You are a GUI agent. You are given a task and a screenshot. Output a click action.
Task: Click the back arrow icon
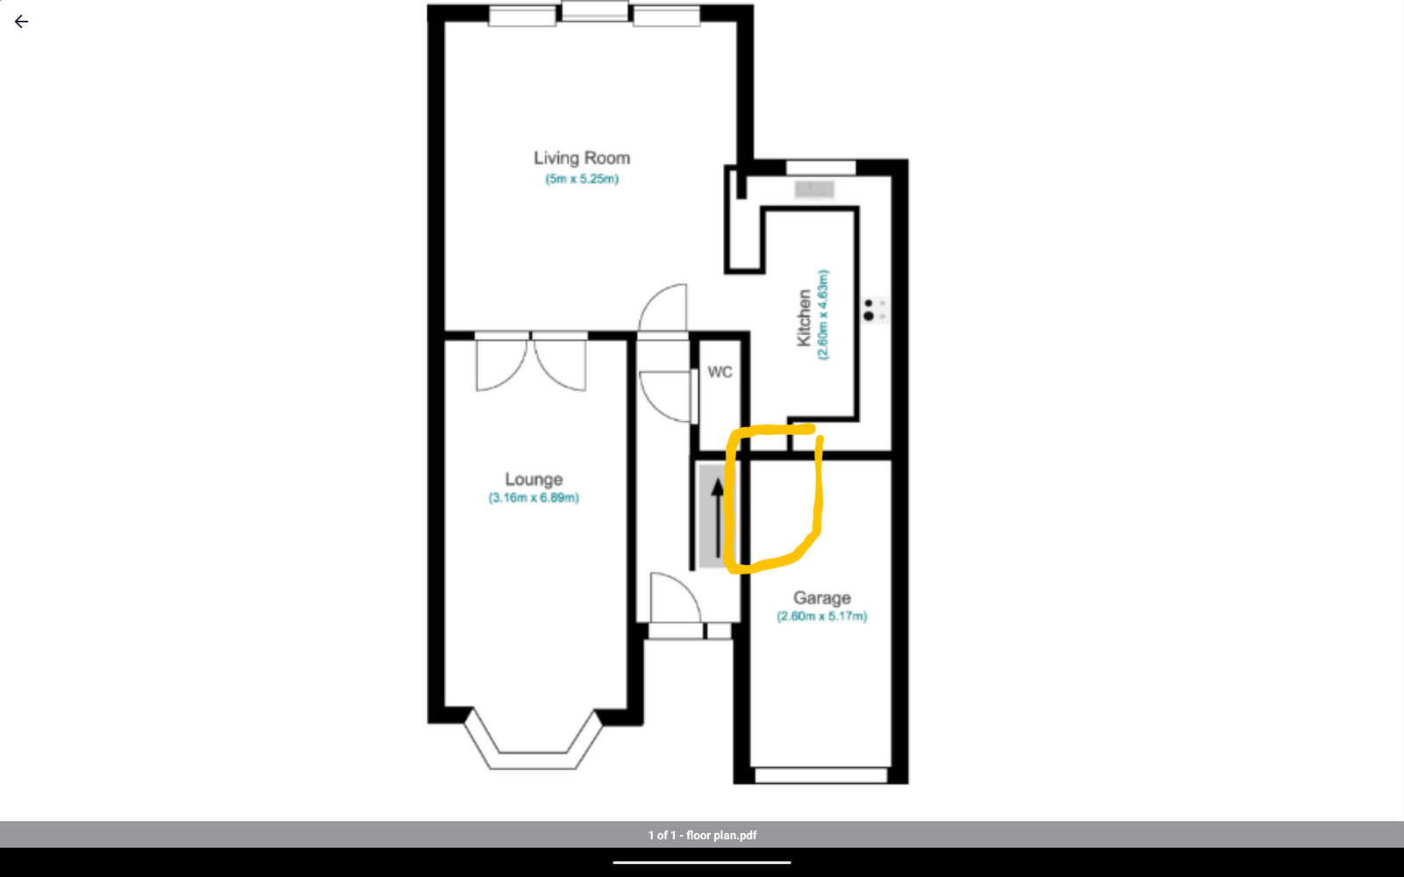tap(21, 22)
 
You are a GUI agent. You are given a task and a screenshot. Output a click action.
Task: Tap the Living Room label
tap(582, 159)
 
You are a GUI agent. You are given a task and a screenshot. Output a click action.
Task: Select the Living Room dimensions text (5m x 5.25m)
tap(582, 179)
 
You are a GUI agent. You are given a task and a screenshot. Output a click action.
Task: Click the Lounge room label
tap(534, 479)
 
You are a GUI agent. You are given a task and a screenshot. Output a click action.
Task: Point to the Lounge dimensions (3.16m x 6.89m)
tap(534, 498)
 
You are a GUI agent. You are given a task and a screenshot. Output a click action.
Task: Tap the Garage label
tap(821, 598)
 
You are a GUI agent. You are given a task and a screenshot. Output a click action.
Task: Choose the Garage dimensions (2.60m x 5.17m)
tap(821, 617)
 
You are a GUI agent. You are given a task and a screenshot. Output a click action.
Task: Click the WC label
tap(720, 373)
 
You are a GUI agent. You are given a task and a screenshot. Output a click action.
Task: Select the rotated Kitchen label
tap(804, 317)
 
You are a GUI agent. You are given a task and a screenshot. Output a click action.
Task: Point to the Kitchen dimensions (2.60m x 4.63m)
tap(823, 315)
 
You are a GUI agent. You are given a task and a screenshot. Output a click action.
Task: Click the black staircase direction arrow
tap(718, 517)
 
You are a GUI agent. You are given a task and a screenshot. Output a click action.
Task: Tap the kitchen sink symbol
tap(814, 189)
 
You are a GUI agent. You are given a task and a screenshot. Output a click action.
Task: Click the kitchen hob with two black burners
tap(875, 310)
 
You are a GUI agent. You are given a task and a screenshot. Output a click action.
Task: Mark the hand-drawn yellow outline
tap(819, 495)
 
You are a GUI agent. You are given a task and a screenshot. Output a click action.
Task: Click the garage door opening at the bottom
tap(820, 775)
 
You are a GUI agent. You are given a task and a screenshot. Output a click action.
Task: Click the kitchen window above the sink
tap(820, 168)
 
